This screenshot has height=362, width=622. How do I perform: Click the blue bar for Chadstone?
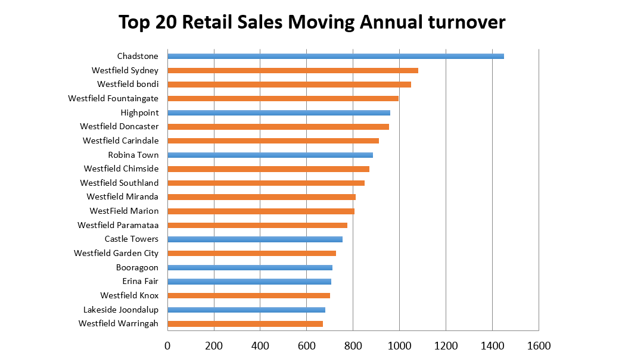tap(335, 56)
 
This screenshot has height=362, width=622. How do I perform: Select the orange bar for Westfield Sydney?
tap(293, 70)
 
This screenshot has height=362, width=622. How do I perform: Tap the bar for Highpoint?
tap(279, 113)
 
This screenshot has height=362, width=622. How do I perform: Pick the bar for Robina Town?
tap(270, 155)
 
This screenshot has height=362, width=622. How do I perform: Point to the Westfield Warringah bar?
tap(245, 324)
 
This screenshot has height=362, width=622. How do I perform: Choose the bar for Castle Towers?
tap(255, 239)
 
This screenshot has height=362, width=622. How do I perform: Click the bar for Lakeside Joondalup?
tap(246, 310)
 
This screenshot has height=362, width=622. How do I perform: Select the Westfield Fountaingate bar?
tap(283, 98)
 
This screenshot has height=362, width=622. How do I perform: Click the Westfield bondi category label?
tap(127, 84)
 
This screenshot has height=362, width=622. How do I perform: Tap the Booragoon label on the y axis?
tap(137, 267)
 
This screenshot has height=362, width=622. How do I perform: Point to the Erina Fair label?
tap(140, 282)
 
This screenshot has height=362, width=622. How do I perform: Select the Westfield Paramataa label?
tap(118, 225)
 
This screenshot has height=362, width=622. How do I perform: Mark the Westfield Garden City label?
tap(116, 253)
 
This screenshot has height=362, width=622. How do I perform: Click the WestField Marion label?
tap(124, 211)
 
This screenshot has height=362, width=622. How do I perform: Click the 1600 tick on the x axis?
tap(538, 345)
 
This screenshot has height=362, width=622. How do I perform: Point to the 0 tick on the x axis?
tap(167, 345)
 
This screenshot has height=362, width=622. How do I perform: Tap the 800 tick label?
tap(353, 345)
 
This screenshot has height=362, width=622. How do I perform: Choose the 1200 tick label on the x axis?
tap(446, 345)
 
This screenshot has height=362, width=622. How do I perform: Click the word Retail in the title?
tap(211, 22)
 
